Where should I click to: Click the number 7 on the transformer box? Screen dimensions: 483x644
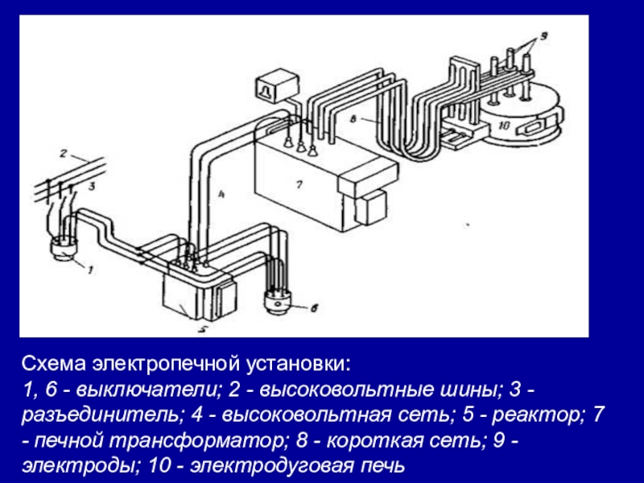[x=298, y=184]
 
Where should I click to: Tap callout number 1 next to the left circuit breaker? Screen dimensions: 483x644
[x=90, y=270]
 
